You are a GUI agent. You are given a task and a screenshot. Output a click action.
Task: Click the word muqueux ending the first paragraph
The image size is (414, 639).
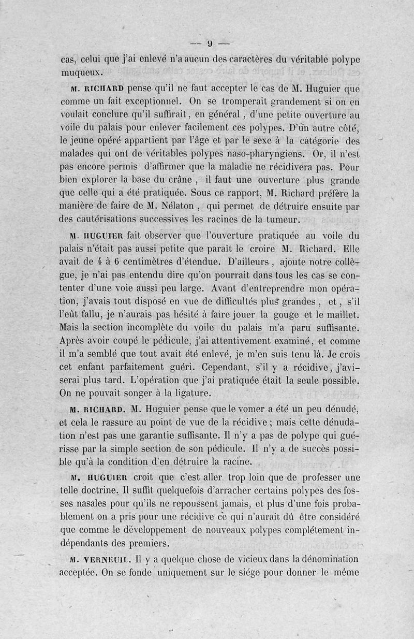tap(82, 71)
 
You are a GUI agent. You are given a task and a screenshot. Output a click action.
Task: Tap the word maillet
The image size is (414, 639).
tap(341, 314)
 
